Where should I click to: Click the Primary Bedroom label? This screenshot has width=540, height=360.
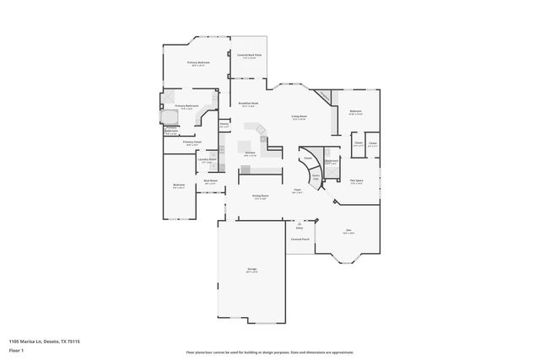coord(199,62)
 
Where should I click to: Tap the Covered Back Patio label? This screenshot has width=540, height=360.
coord(248,55)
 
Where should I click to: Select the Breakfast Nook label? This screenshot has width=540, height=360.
coord(248,104)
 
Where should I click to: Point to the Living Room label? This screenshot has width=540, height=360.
coord(300,116)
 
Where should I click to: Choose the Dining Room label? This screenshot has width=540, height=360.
coord(261,196)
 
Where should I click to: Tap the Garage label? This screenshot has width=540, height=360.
coord(251,269)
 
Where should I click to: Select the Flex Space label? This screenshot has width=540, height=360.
coord(357,180)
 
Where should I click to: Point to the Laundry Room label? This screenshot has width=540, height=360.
coord(208,159)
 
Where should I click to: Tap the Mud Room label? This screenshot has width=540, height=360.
coord(210,180)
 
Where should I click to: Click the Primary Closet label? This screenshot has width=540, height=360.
coord(192,142)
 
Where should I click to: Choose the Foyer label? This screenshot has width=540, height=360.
coord(298,191)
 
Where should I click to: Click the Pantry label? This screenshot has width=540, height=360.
coord(224,124)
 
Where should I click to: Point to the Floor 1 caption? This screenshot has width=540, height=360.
coord(17,348)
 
